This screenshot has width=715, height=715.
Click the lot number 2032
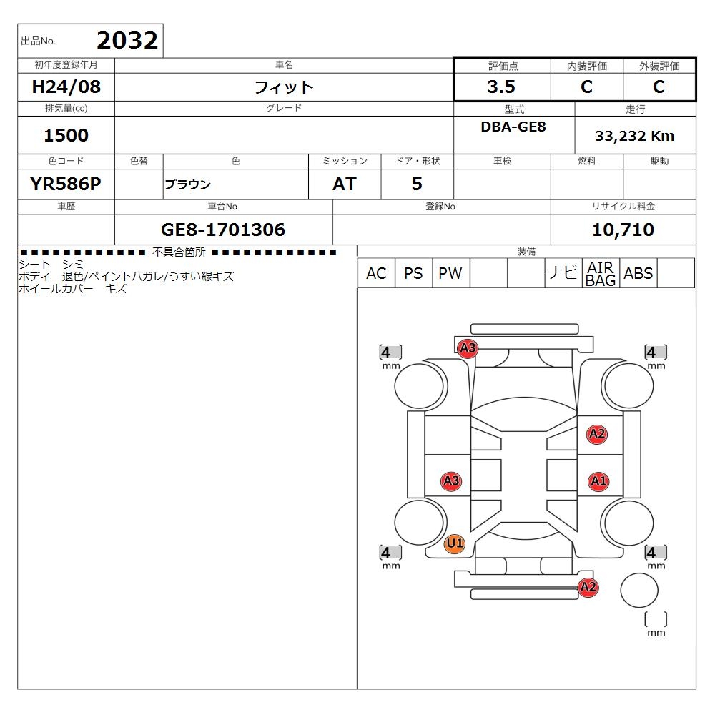(127, 41)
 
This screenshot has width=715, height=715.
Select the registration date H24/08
(67, 87)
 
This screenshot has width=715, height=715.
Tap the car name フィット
(284, 87)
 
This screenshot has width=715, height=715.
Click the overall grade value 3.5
(500, 87)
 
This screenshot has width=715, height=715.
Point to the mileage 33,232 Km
(635, 136)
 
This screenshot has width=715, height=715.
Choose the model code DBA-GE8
(513, 127)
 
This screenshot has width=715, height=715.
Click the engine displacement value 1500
(66, 135)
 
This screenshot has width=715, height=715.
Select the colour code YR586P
(66, 184)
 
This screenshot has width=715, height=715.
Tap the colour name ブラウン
(187, 184)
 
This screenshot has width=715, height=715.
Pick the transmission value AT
(344, 184)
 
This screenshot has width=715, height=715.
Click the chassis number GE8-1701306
(223, 230)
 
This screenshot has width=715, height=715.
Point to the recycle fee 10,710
(623, 230)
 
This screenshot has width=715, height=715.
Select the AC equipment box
(375, 273)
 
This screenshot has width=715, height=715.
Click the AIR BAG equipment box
(601, 273)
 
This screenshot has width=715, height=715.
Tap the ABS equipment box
(638, 273)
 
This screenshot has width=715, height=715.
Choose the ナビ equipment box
(563, 273)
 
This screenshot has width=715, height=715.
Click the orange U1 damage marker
(454, 544)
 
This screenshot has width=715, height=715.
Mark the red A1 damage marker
(598, 481)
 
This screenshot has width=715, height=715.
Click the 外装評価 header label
(659, 66)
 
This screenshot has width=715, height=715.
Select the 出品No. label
(39, 41)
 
